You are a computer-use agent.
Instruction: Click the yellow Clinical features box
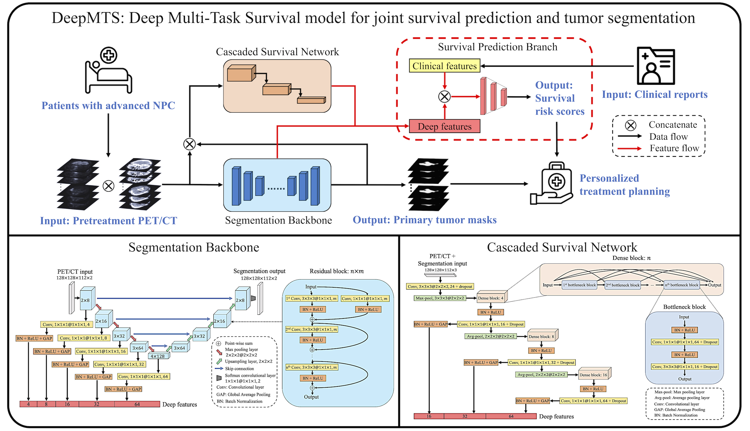[444, 66]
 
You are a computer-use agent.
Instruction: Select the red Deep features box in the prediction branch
[444, 126]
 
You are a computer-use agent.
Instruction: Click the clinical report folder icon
[656, 66]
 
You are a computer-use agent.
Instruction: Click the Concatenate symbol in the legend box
[630, 125]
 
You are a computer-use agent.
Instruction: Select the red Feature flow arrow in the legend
[629, 149]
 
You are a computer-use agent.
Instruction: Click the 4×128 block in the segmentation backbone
[158, 356]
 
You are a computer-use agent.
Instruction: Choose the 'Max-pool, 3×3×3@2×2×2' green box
[440, 298]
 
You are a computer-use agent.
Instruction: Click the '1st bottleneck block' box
[579, 285]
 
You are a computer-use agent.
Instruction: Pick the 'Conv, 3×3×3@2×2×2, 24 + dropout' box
[440, 286]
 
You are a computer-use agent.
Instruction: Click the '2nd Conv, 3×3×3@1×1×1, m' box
[311, 329]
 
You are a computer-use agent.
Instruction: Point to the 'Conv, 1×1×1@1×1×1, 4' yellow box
[66, 325]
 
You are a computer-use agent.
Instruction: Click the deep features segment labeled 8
[46, 404]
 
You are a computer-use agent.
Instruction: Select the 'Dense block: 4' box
[491, 298]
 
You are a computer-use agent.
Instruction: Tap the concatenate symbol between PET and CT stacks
[108, 186]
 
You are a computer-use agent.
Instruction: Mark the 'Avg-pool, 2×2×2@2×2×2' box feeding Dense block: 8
[491, 336]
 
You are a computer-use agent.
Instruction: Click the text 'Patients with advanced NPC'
[108, 106]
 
